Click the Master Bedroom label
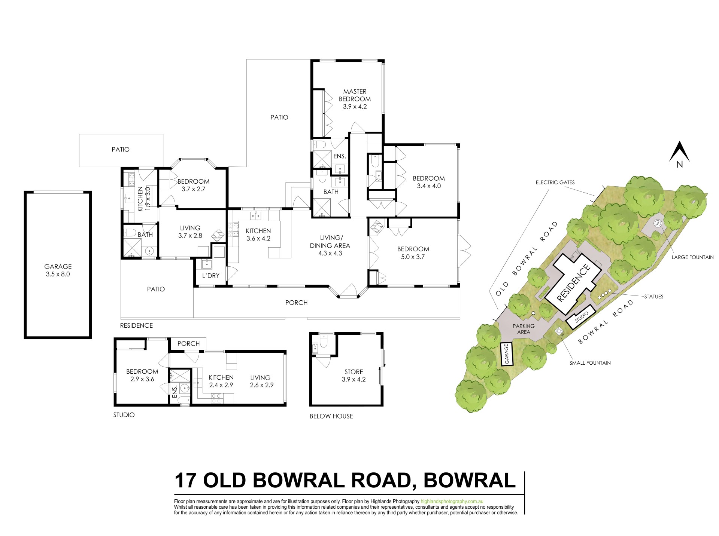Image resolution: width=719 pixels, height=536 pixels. (355, 95)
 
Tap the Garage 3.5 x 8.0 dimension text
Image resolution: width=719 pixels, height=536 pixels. (58, 274)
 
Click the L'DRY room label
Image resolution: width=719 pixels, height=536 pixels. (210, 276)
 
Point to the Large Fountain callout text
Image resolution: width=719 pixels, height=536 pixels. (692, 257)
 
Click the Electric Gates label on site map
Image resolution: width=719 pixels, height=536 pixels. (555, 183)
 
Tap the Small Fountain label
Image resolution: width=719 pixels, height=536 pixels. (590, 363)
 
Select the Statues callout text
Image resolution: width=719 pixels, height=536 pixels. (653, 297)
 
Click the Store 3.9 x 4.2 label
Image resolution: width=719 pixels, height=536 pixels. (354, 376)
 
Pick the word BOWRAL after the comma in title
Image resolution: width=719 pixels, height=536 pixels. (470, 481)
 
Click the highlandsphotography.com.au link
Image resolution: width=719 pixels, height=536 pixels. (452, 502)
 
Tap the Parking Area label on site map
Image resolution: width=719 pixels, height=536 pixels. (524, 329)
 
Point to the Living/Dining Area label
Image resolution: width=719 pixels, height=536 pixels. (330, 245)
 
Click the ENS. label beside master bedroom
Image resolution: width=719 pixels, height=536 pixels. (340, 156)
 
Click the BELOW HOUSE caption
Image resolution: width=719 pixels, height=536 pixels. (331, 416)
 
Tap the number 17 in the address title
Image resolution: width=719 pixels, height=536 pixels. (185, 481)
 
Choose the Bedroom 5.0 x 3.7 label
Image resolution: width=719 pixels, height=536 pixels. (413, 253)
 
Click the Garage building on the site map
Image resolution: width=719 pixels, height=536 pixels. (506, 354)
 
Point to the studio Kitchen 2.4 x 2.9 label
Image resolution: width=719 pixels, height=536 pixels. (221, 381)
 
